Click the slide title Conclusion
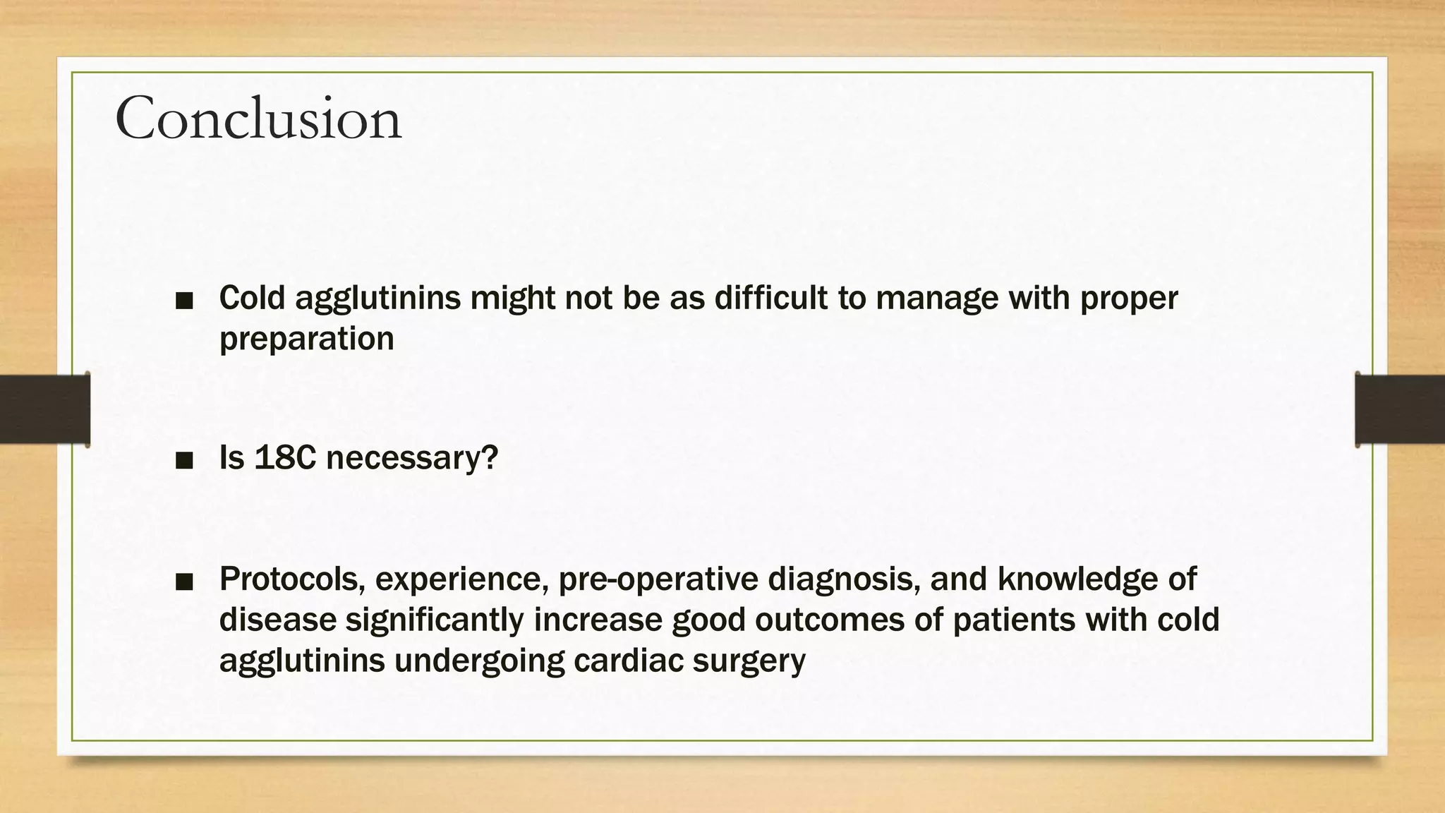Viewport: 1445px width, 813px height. (258, 119)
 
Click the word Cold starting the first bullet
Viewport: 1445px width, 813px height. (253, 298)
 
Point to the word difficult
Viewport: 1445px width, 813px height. (771, 298)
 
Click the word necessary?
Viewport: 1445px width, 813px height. (412, 459)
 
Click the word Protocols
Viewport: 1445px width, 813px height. (292, 579)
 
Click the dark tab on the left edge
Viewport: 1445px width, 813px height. (44, 409)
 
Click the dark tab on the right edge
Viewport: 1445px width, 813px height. (1400, 409)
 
